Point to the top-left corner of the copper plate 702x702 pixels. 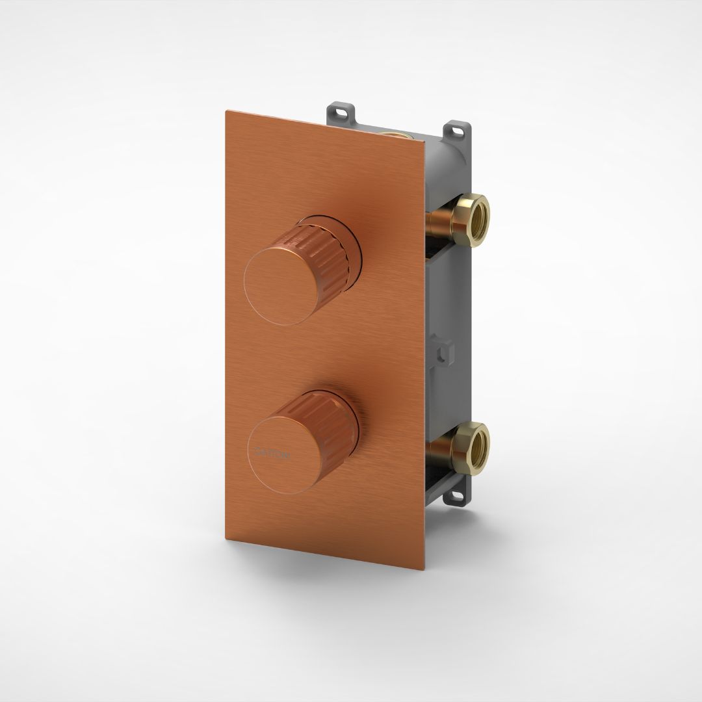[x=226, y=111]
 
